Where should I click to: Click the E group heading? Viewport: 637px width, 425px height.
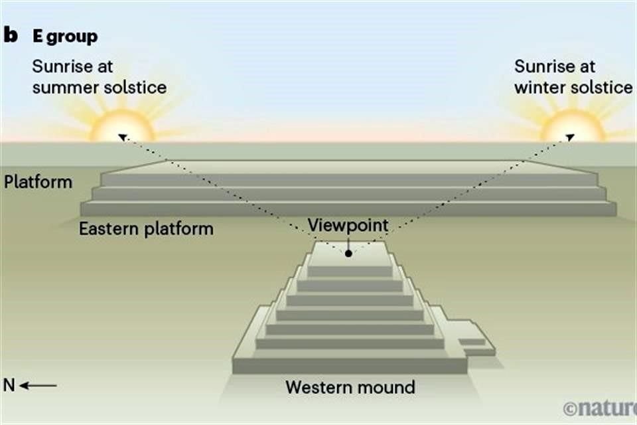[x=65, y=37]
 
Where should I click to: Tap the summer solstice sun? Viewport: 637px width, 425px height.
[x=121, y=126]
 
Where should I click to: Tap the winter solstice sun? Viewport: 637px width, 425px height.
[x=572, y=126]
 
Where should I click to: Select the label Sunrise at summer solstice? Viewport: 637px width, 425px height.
[x=99, y=76]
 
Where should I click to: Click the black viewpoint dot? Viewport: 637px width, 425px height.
[x=348, y=253]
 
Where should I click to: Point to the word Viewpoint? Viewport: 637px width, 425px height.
[x=348, y=225]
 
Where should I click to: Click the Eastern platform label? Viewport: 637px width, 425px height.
[x=146, y=229]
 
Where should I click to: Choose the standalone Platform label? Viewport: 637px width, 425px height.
[x=38, y=181]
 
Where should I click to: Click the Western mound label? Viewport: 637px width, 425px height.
[x=350, y=386]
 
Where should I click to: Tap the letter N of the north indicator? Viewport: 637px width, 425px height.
[x=9, y=385]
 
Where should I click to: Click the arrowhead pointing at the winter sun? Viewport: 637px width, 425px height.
[x=569, y=137]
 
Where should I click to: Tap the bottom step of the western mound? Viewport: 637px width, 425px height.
[x=350, y=365]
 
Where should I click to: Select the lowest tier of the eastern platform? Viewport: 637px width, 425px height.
[x=348, y=209]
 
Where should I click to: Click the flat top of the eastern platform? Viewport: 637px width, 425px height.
[x=348, y=166]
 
